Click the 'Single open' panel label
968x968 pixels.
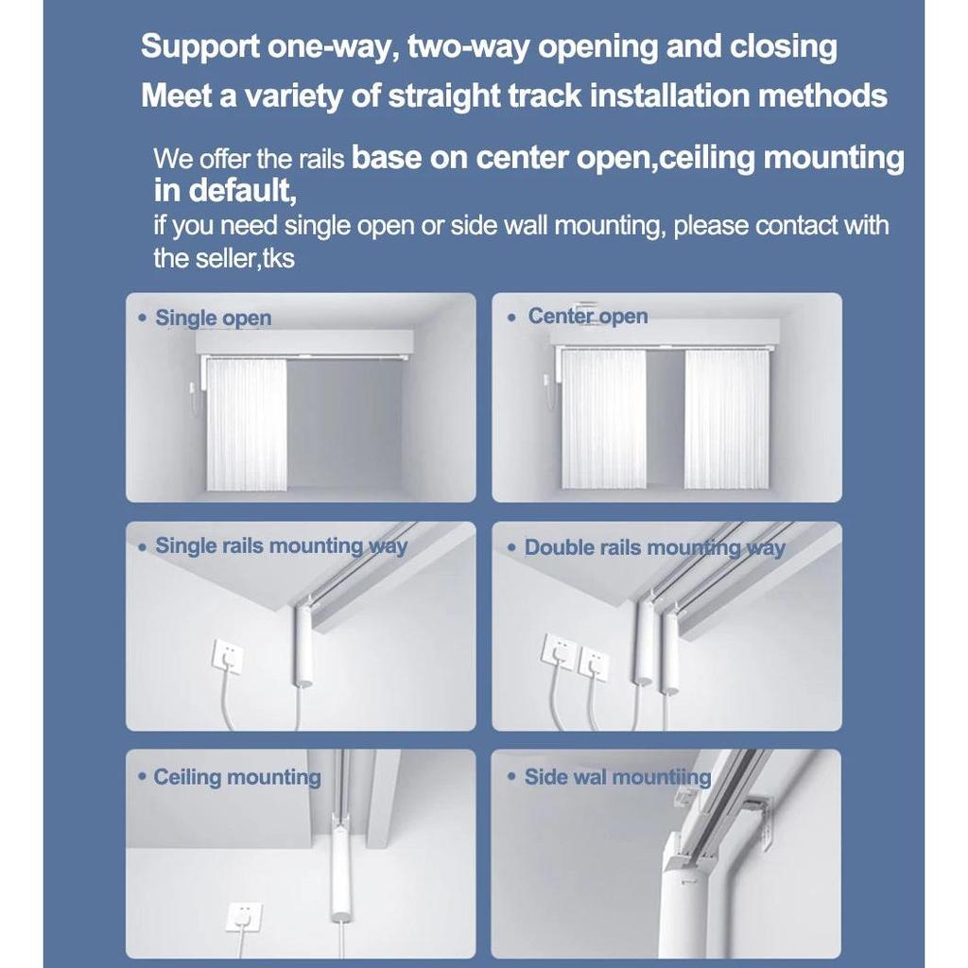pyautogui.click(x=213, y=318)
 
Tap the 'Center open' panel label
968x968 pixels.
pyautogui.click(x=587, y=316)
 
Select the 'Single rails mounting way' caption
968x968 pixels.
pyautogui.click(x=281, y=545)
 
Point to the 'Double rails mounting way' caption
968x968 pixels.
pyautogui.click(x=654, y=547)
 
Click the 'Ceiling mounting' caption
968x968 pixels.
pyautogui.click(x=237, y=777)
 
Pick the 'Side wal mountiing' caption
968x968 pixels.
pyautogui.click(x=617, y=777)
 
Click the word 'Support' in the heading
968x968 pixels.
pyautogui.click(x=200, y=47)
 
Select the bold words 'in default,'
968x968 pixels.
pyautogui.click(x=225, y=191)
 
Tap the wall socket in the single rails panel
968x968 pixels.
pyautogui.click(x=227, y=657)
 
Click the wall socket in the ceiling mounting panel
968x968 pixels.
pyautogui.click(x=244, y=918)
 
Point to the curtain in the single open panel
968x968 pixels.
pyautogui.click(x=246, y=424)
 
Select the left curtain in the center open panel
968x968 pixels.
pyautogui.click(x=603, y=419)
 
